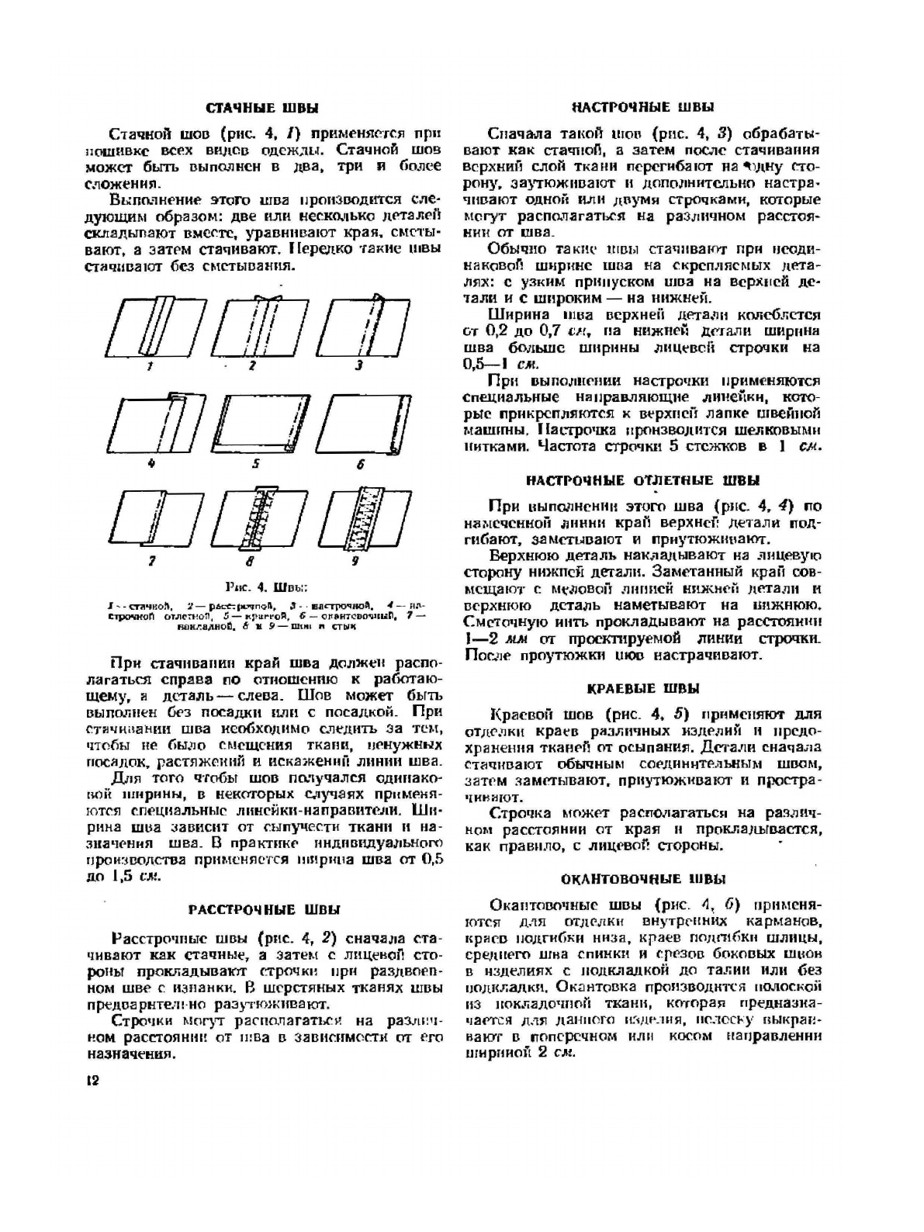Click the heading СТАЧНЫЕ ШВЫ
pyautogui.click(x=261, y=108)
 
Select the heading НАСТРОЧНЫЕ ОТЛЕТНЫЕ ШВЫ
pyautogui.click(x=643, y=480)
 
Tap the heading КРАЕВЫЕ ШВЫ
pyautogui.click(x=642, y=688)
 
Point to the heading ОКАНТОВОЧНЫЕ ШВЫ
pyautogui.click(x=643, y=879)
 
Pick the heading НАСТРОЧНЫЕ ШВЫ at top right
pyautogui.click(x=643, y=107)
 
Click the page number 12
pyautogui.click(x=92, y=1081)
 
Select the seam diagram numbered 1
pyautogui.click(x=152, y=326)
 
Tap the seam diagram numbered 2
pyautogui.click(x=258, y=326)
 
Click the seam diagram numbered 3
pyautogui.click(x=361, y=326)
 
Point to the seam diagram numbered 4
pyautogui.click(x=152, y=423)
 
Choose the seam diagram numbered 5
pyautogui.click(x=258, y=423)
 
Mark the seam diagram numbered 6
pyautogui.click(x=361, y=423)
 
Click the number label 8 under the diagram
pyautogui.click(x=250, y=560)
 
